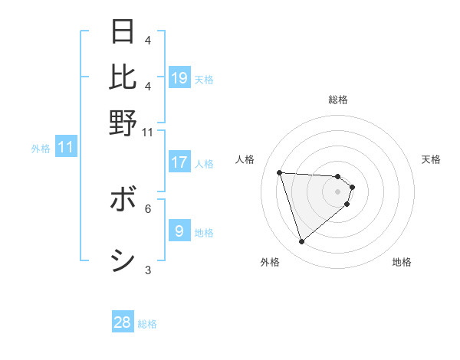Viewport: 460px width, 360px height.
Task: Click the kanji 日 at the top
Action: pyautogui.click(x=123, y=32)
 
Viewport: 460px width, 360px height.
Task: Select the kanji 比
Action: pyautogui.click(x=123, y=77)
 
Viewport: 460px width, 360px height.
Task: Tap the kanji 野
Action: pyautogui.click(x=123, y=123)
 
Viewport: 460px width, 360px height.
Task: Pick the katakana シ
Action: pyautogui.click(x=123, y=261)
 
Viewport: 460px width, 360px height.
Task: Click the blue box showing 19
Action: pyautogui.click(x=179, y=78)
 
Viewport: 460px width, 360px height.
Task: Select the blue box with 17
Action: pyautogui.click(x=179, y=162)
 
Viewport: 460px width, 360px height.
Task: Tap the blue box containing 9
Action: pyautogui.click(x=179, y=231)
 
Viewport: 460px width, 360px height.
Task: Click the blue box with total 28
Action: pyautogui.click(x=123, y=322)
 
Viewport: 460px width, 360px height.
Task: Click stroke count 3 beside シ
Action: pyautogui.click(x=148, y=269)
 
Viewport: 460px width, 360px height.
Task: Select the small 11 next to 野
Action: pyautogui.click(x=148, y=132)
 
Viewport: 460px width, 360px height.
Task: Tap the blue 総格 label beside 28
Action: pyautogui.click(x=147, y=324)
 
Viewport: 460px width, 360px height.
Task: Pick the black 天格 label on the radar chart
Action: pyautogui.click(x=431, y=159)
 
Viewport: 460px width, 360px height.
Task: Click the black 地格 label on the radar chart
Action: pyautogui.click(x=402, y=262)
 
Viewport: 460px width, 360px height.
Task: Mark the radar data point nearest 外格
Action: pyautogui.click(x=301, y=242)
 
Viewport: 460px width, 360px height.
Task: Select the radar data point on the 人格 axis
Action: pyautogui.click(x=280, y=172)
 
